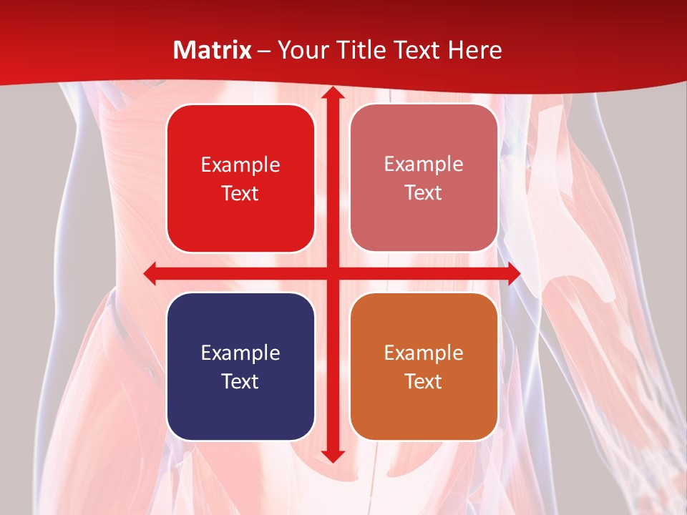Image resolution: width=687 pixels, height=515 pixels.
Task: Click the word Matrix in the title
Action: [213, 50]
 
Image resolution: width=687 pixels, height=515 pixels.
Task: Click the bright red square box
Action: [240, 178]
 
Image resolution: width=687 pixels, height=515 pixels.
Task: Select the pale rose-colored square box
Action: [424, 178]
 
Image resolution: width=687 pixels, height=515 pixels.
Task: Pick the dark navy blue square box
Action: [240, 366]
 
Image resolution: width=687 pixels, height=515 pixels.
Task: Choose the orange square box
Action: [424, 366]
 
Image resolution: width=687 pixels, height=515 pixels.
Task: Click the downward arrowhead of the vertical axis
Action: [332, 456]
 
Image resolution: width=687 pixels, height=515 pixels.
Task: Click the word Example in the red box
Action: [240, 165]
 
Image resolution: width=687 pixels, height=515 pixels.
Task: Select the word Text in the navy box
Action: [240, 381]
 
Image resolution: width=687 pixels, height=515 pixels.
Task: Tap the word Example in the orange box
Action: [424, 353]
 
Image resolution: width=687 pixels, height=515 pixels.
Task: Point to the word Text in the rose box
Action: [424, 193]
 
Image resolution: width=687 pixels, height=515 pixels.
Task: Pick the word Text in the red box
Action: [240, 194]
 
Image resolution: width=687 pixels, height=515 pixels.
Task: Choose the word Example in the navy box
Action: [240, 353]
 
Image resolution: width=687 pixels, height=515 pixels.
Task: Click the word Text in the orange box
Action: [424, 381]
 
